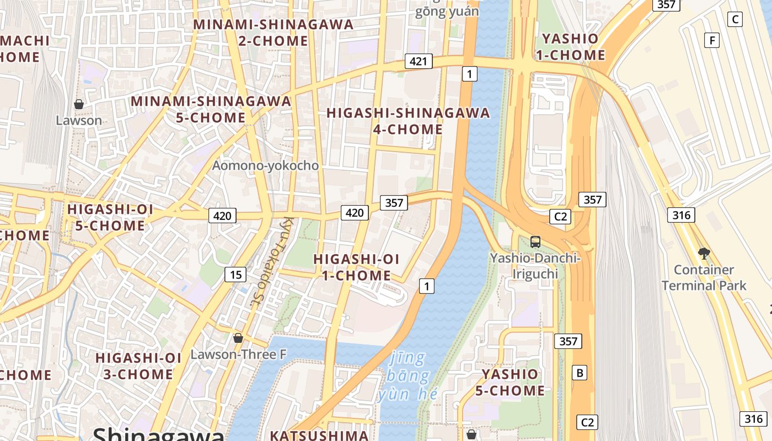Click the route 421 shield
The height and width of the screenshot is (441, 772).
[418, 61]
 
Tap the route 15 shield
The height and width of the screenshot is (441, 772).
[235, 275]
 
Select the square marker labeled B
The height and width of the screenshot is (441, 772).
[580, 373]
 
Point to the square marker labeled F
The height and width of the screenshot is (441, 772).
[712, 40]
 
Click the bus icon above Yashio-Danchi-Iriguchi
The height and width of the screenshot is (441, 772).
[535, 241]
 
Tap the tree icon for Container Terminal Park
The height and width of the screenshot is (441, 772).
[704, 254]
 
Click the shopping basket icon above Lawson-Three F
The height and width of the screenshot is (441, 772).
[238, 338]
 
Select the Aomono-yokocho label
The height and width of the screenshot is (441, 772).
[265, 165]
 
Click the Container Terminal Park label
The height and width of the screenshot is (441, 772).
[704, 278]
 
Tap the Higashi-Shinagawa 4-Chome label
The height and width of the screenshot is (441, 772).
[408, 121]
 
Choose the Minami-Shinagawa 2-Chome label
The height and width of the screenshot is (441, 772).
[274, 33]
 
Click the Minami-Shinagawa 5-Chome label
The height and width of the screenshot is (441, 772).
[211, 109]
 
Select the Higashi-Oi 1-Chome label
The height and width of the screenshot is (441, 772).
[356, 267]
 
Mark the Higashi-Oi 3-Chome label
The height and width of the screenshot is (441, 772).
[138, 366]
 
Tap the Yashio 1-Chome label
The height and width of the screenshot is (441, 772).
[573, 47]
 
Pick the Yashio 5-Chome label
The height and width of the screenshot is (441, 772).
[510, 382]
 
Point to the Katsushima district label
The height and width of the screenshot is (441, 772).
[319, 435]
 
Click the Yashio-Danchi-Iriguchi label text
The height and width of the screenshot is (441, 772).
[535, 266]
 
